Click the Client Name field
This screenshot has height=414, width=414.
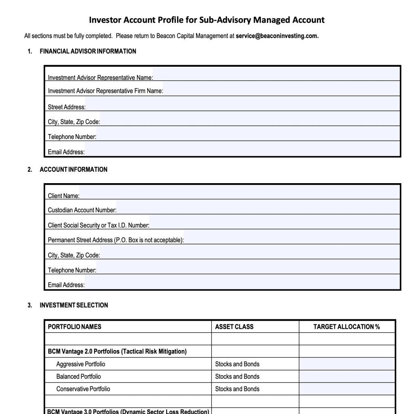pos(239,193)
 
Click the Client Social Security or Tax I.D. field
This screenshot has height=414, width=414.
pos(275,223)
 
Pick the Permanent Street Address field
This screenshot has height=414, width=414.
pos(291,238)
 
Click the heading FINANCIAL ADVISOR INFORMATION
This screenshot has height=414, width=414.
pos(88,51)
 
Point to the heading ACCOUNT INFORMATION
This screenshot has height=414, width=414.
pos(73,169)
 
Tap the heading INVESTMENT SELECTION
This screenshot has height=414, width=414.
pos(74,305)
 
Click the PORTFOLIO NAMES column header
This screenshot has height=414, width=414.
pos(74,327)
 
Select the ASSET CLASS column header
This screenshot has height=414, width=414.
pos(234,327)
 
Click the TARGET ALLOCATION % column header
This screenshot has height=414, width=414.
pos(346,327)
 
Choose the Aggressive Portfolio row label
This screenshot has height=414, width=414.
pos(80,364)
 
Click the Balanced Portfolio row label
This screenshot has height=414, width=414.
pos(78,376)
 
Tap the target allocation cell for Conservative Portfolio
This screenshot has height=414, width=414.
pos(347,389)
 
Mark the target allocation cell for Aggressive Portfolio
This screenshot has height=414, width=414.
pos(347,364)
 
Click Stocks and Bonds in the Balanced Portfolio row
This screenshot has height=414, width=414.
pos(237,376)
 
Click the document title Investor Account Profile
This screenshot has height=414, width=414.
pos(207,20)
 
